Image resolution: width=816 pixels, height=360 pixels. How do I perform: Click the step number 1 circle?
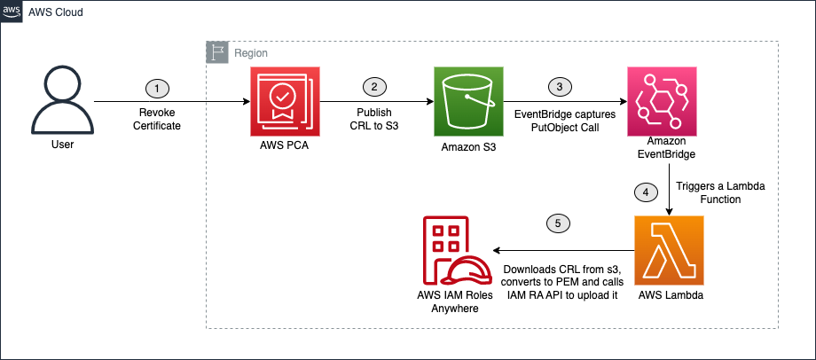point(157,88)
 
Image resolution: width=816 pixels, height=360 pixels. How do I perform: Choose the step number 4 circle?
point(646,192)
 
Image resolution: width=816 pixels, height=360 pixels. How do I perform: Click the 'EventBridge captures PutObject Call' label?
point(559,121)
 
